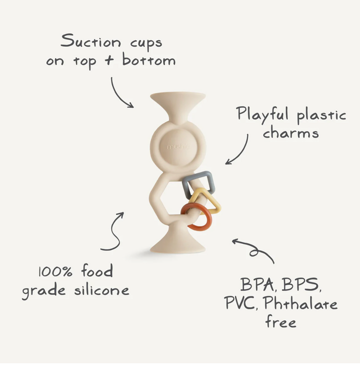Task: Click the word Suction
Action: (x=90, y=41)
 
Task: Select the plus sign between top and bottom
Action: (x=109, y=60)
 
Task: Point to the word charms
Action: (x=290, y=132)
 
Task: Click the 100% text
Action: (x=55, y=271)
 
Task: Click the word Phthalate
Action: (x=300, y=303)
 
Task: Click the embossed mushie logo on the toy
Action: (x=178, y=146)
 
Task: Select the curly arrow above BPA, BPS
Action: (x=253, y=248)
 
